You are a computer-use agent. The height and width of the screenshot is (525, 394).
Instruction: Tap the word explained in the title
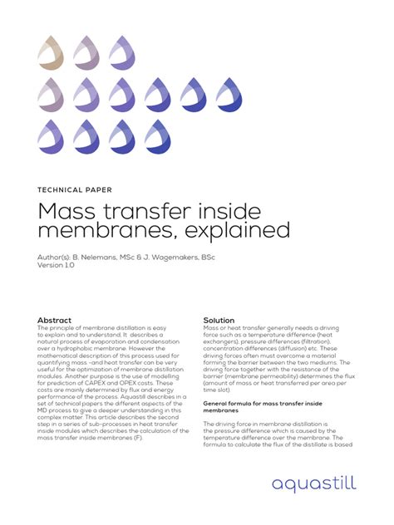[241, 229]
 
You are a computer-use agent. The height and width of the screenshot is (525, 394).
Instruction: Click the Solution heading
[219, 320]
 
